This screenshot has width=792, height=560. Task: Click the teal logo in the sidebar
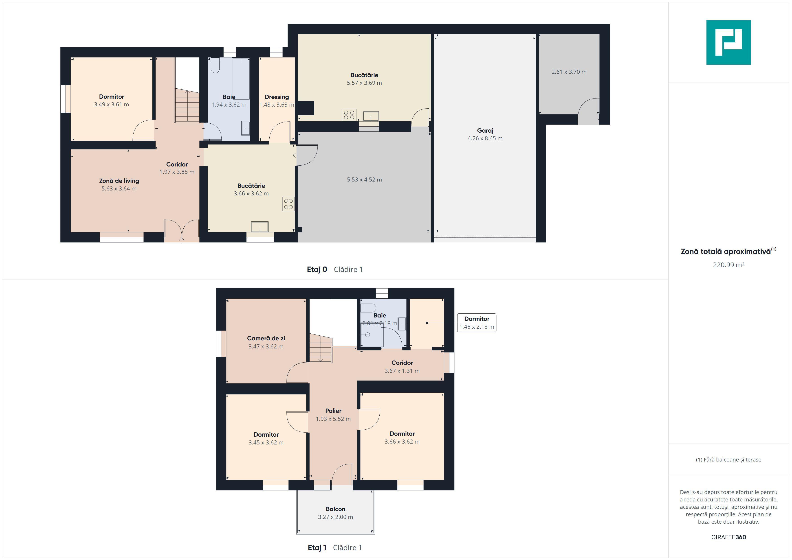728,42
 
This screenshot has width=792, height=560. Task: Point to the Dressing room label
277,97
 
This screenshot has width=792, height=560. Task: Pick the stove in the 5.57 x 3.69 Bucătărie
349,115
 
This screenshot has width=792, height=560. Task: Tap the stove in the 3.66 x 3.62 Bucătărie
288,204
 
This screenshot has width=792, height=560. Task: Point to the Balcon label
335,509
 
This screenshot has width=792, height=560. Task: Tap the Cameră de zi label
266,338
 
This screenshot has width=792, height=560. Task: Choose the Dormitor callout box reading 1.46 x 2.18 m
477,323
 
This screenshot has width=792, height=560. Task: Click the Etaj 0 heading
317,269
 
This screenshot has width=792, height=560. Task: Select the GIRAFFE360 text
728,537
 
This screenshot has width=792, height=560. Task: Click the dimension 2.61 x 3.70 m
569,72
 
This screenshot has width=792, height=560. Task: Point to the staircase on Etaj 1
320,348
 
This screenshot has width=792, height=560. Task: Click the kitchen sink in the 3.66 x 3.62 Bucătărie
260,227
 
